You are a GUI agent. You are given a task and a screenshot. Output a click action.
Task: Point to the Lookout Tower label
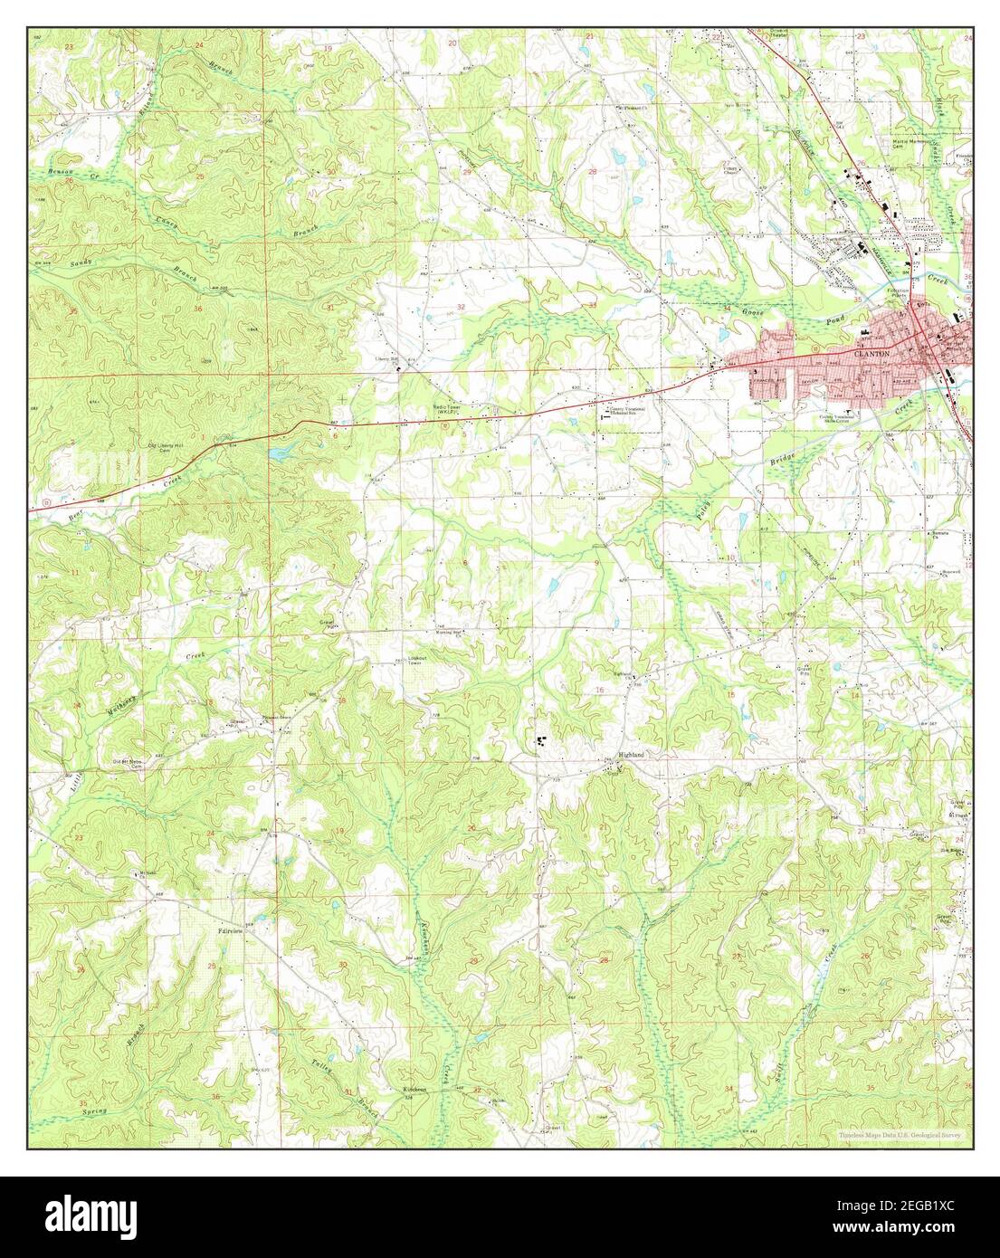coord(414,660)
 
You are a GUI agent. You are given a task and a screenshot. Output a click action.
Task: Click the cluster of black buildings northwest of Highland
coord(544,741)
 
